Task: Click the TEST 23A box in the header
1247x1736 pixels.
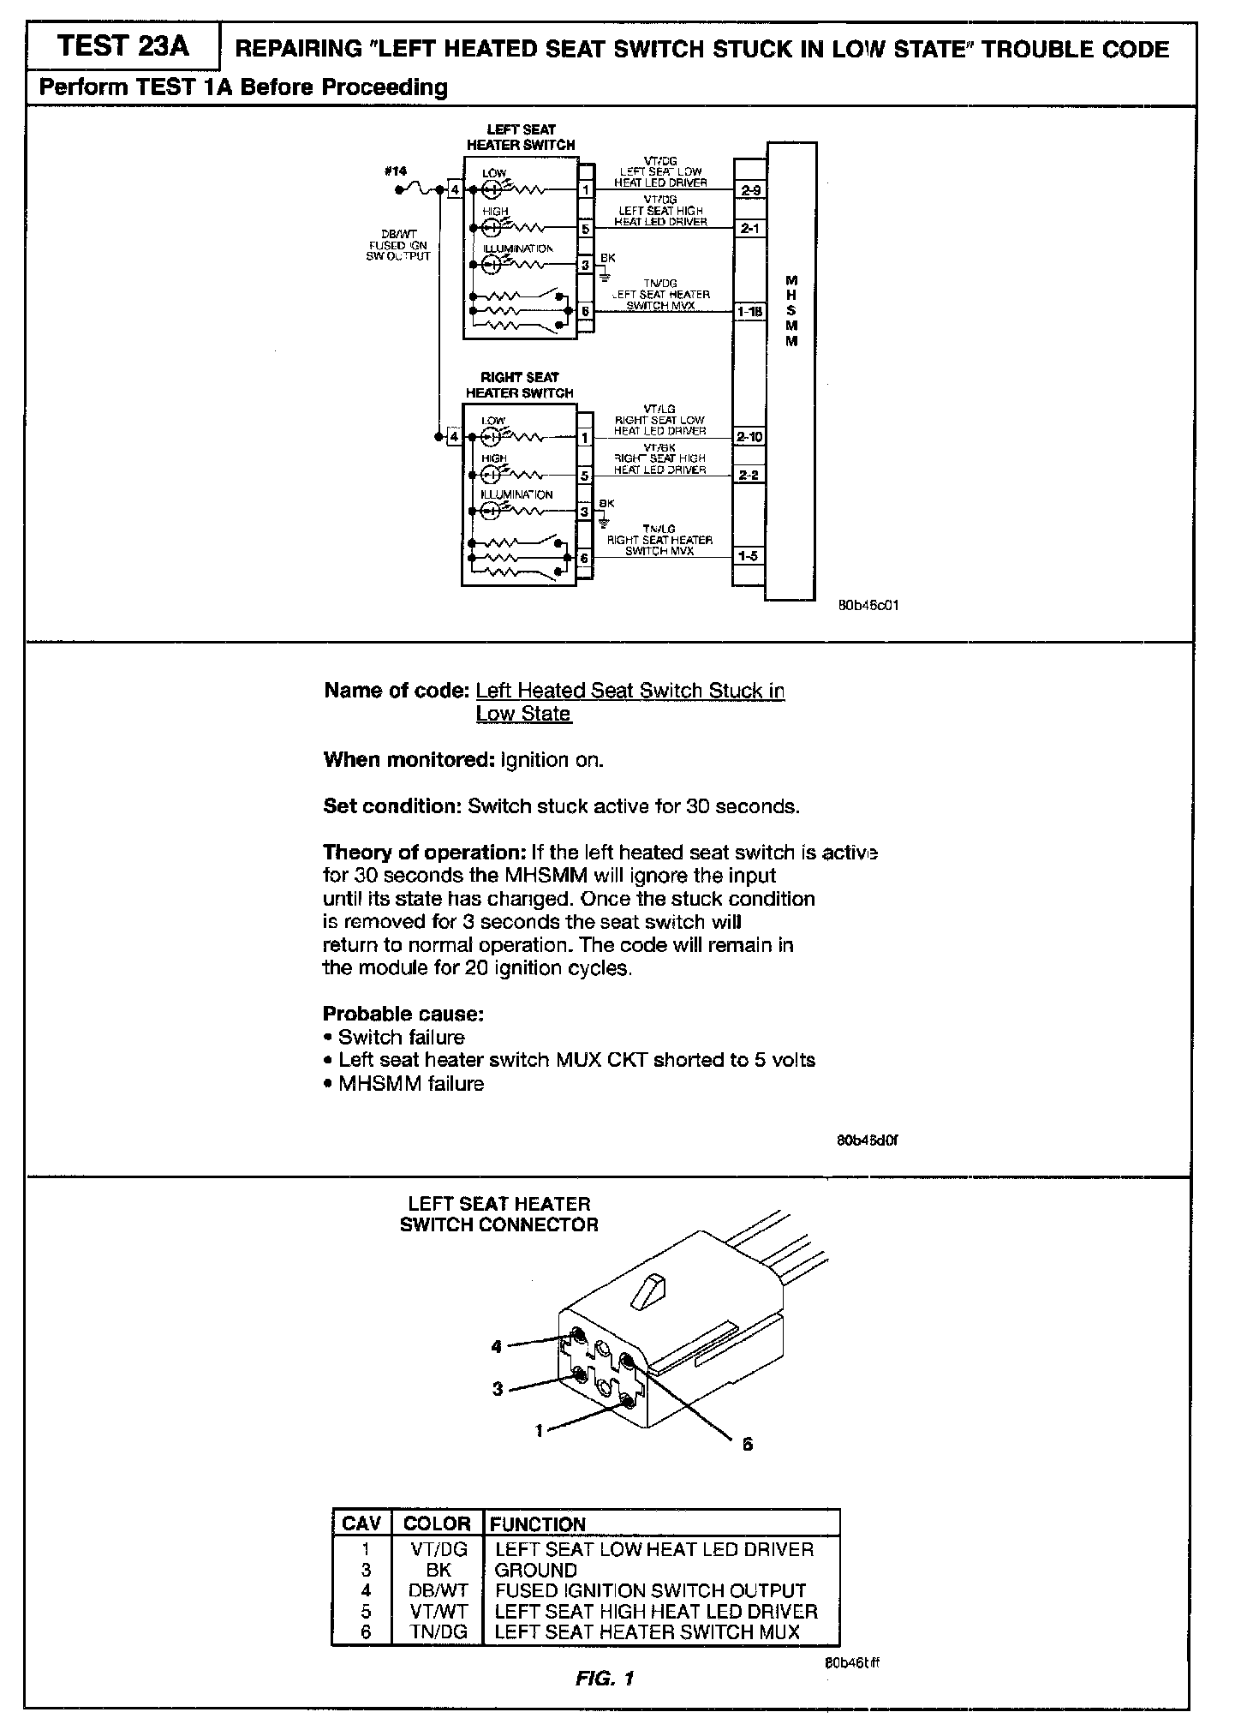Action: (x=122, y=47)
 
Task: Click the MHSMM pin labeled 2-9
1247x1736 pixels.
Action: (x=749, y=190)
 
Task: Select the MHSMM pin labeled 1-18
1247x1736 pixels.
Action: (x=749, y=312)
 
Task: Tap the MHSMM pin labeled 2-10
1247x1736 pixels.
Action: (x=749, y=437)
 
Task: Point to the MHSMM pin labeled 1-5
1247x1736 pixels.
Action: (x=748, y=556)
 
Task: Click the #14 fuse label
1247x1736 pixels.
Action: (x=395, y=171)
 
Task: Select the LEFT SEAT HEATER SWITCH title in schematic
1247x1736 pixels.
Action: (x=521, y=137)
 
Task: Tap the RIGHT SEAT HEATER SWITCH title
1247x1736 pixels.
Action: (x=520, y=385)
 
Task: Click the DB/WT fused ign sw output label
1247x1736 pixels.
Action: (x=397, y=245)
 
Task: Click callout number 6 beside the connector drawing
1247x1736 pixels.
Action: (x=747, y=1444)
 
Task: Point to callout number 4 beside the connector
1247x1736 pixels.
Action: (x=496, y=1347)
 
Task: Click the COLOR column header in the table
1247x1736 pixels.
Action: (x=437, y=1524)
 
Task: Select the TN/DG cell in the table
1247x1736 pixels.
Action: (x=438, y=1632)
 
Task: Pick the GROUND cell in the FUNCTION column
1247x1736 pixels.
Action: (x=535, y=1570)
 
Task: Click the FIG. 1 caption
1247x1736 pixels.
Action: (x=604, y=1679)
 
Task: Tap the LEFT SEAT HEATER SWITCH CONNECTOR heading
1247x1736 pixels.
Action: (x=498, y=1214)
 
